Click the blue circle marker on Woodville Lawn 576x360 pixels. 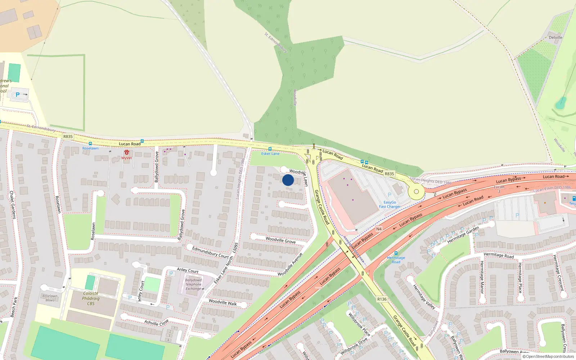(x=288, y=180)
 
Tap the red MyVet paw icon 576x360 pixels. (x=127, y=153)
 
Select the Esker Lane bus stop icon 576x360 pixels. (x=270, y=149)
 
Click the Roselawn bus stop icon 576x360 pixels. (x=90, y=144)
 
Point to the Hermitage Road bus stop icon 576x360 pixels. (x=396, y=253)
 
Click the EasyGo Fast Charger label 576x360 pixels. (x=390, y=204)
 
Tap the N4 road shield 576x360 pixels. (x=379, y=229)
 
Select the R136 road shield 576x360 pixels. (x=382, y=299)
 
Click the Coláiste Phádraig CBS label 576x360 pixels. (x=91, y=298)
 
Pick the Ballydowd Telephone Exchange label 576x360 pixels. (x=193, y=284)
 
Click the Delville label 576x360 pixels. (x=555, y=37)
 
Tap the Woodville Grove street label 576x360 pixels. (x=280, y=240)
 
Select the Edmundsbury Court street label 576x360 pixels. (x=210, y=252)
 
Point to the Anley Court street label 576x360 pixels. (x=188, y=270)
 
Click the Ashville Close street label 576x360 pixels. (x=156, y=322)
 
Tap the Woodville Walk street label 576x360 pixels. (x=222, y=302)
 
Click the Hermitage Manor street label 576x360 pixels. (x=482, y=277)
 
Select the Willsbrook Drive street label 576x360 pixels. (x=354, y=346)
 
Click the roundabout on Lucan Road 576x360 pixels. (x=416, y=192)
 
